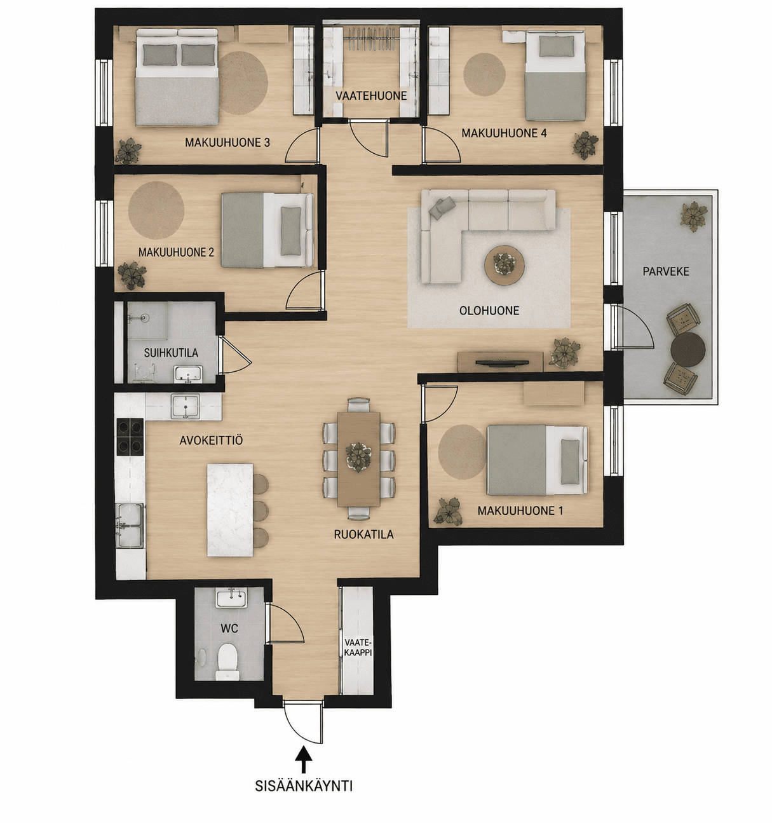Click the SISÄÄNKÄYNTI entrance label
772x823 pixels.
click(303, 786)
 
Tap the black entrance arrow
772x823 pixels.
click(303, 759)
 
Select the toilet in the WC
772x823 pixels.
click(227, 666)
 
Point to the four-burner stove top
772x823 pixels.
click(130, 437)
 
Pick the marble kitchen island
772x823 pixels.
click(230, 509)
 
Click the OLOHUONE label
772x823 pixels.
click(489, 310)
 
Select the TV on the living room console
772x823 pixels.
click(502, 363)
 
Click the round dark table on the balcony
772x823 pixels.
click(687, 350)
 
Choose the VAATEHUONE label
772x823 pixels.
click(371, 96)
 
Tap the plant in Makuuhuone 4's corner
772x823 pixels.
click(585, 145)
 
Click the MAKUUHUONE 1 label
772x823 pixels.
click(520, 510)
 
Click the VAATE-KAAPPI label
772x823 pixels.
click(358, 647)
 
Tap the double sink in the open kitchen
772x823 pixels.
click(129, 526)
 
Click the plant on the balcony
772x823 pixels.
click(693, 216)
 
